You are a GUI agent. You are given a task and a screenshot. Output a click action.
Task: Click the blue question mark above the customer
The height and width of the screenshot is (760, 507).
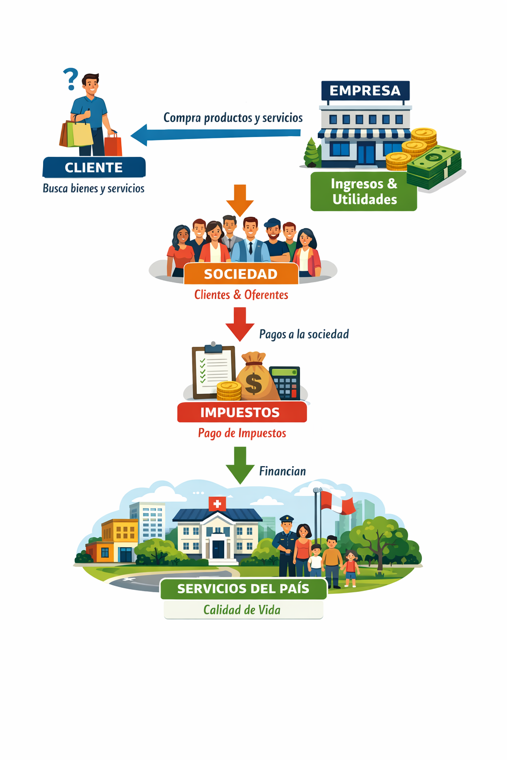(x=71, y=79)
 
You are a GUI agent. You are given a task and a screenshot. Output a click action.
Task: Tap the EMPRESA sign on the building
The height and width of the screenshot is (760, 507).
(x=365, y=91)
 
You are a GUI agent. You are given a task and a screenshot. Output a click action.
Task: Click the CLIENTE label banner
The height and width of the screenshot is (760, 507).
(x=94, y=167)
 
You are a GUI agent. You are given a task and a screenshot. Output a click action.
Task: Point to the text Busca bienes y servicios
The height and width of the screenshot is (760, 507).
(x=94, y=189)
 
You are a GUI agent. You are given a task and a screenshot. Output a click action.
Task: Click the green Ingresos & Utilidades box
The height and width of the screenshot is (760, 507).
(x=363, y=191)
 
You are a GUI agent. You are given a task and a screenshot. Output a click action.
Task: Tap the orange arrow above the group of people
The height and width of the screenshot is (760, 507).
(x=240, y=200)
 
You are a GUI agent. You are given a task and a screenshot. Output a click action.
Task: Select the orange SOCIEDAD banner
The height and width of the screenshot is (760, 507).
(x=241, y=274)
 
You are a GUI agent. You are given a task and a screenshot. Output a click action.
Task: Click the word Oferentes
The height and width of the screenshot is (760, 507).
(x=266, y=295)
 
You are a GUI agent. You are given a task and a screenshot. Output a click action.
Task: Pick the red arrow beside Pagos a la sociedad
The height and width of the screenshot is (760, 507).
(x=240, y=324)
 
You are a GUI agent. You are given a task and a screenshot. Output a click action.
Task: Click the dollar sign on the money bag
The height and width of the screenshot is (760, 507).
(x=253, y=383)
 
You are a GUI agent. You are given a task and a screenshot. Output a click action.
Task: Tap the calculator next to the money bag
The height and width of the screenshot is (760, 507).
(x=285, y=382)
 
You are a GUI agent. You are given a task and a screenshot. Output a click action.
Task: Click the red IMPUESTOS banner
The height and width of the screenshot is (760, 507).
(x=242, y=412)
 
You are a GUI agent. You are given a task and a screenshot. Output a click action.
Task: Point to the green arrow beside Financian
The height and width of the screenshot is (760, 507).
(x=240, y=465)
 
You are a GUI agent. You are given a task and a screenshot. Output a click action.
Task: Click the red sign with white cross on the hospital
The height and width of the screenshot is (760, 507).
(x=217, y=504)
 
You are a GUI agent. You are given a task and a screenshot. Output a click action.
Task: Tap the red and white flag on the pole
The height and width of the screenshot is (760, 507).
(x=338, y=502)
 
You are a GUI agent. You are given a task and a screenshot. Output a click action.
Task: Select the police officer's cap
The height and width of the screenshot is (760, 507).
(x=286, y=519)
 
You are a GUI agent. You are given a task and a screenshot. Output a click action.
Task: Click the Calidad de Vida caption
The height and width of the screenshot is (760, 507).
(x=242, y=610)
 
